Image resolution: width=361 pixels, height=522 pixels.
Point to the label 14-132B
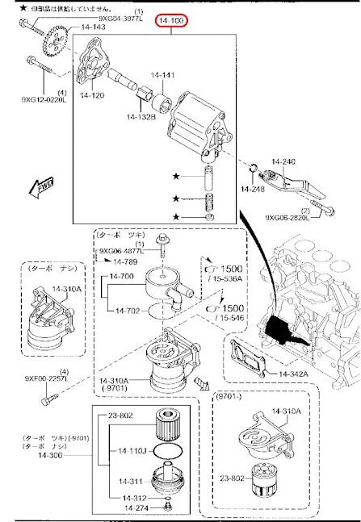[x=141, y=118]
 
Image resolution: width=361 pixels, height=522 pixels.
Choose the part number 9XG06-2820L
[x=289, y=217]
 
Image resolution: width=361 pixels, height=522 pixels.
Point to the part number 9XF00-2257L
[x=33, y=379]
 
